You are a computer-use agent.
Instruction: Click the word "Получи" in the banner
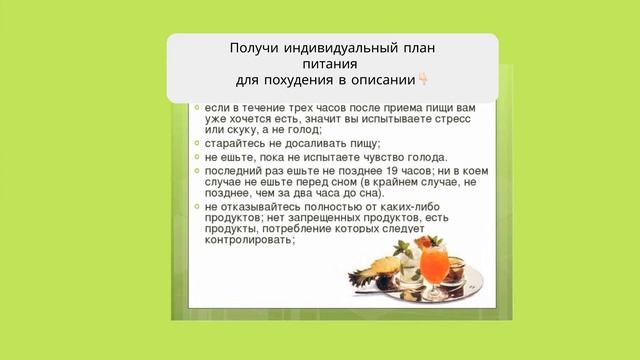point(253,48)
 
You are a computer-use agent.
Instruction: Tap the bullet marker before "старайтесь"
point(196,143)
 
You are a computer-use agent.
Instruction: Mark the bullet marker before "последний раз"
point(196,171)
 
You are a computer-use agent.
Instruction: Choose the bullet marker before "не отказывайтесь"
point(196,206)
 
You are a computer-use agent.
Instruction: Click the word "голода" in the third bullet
point(424,157)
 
